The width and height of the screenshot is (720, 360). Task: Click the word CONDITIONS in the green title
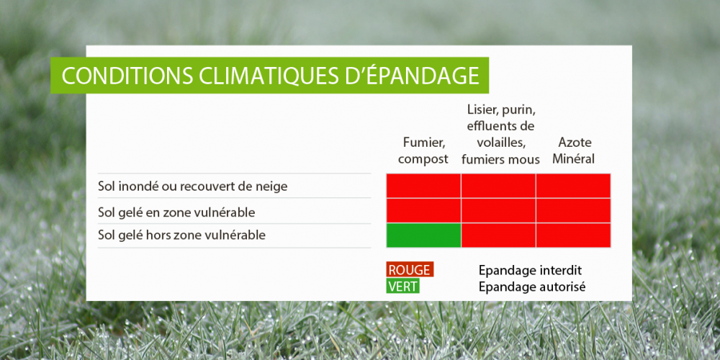[127, 76]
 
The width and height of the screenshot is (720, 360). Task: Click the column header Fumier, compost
[423, 151]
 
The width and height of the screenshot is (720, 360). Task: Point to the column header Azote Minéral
[573, 151]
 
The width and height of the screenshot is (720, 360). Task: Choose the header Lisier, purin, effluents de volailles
[500, 135]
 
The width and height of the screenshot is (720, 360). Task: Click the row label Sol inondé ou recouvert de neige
[193, 186]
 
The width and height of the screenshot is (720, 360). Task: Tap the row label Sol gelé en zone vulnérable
[176, 212]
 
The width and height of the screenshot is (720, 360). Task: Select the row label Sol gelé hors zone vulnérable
[182, 235]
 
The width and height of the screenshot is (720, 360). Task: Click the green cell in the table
[423, 235]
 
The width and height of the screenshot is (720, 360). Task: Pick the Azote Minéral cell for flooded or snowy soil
[573, 186]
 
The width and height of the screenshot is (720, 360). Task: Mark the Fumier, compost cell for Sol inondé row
[423, 186]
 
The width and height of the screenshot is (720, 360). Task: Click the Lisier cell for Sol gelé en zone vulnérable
[498, 210]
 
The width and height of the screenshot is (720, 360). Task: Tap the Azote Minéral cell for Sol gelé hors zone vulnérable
[573, 235]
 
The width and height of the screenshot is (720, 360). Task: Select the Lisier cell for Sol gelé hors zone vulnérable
[498, 235]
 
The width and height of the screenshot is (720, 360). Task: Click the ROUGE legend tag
[410, 269]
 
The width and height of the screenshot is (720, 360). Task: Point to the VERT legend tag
[403, 286]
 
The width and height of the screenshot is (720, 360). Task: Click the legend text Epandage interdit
[531, 271]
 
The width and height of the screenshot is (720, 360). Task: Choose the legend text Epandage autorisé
[532, 287]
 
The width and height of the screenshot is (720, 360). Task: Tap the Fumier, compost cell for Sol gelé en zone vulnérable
[423, 210]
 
